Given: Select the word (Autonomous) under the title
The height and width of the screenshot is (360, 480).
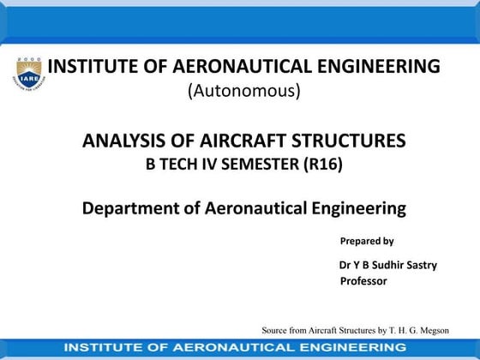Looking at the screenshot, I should (x=244, y=91).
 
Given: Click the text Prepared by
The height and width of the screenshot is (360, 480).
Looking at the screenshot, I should (x=367, y=241).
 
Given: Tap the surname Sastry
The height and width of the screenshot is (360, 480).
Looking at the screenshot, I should (x=422, y=265).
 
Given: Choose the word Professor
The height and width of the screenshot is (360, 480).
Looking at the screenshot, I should (x=363, y=281).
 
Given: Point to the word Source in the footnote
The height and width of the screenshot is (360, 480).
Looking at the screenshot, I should (x=278, y=330).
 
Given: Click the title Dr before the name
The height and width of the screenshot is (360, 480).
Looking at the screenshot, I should (x=345, y=265).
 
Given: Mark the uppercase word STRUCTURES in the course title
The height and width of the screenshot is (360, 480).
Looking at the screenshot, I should (x=349, y=141).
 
